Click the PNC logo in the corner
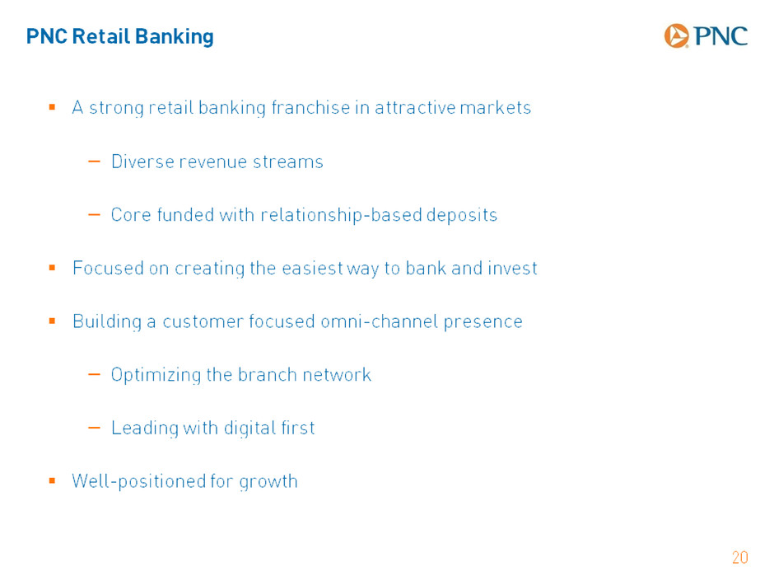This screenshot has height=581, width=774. [x=706, y=35]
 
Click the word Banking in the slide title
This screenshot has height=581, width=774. [x=175, y=37]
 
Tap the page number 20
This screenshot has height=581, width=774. [x=740, y=558]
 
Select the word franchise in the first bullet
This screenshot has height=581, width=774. [x=310, y=107]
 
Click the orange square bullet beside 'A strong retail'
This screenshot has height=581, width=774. [x=52, y=106]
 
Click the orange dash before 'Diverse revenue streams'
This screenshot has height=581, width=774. [x=94, y=161]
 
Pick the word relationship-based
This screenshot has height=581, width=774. [x=341, y=215]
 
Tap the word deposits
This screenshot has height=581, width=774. [x=462, y=215]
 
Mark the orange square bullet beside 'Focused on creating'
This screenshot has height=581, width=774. [x=52, y=268]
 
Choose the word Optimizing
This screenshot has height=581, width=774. [x=156, y=375]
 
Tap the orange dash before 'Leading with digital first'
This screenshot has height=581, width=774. [x=94, y=428]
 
